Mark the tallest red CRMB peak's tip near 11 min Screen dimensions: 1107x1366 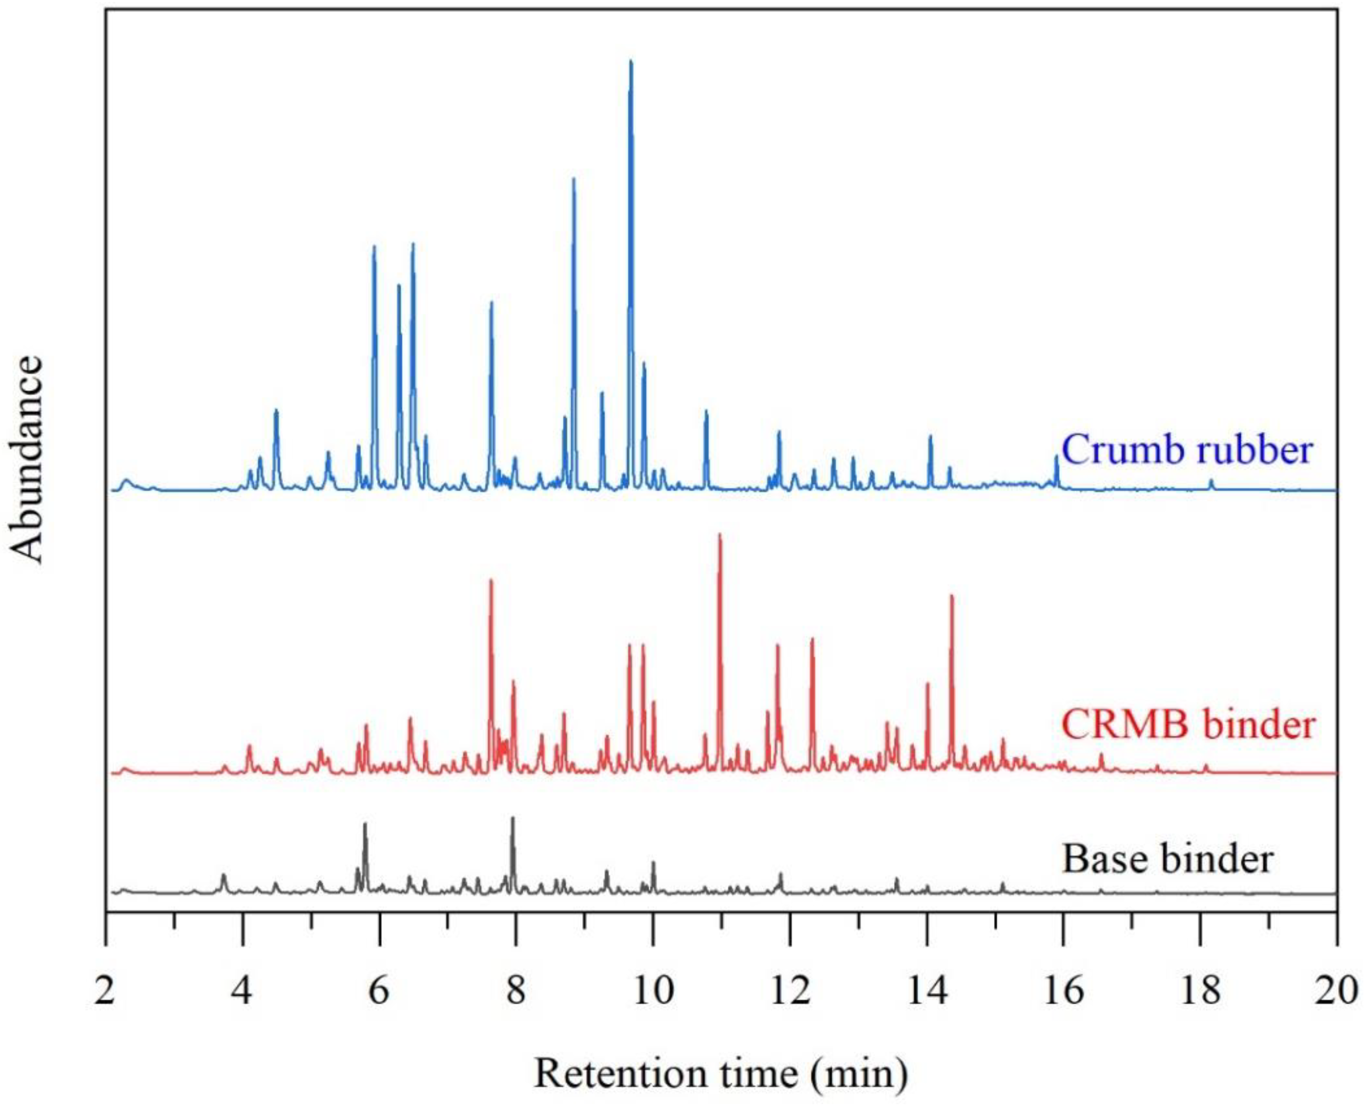click(720, 535)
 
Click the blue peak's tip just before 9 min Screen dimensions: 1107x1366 click(573, 179)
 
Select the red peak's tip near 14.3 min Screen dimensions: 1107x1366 click(951, 596)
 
